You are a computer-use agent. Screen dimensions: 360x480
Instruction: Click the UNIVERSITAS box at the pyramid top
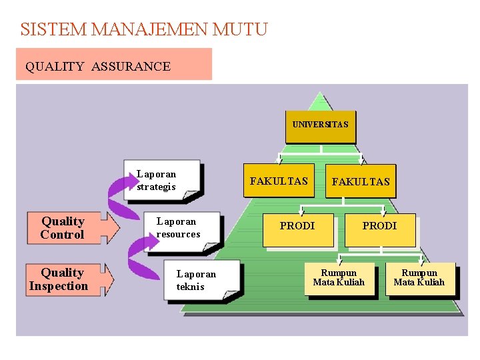[x=320, y=125]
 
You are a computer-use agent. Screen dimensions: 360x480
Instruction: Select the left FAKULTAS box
[x=279, y=181]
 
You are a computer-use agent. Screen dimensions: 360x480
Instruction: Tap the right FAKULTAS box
[x=361, y=181]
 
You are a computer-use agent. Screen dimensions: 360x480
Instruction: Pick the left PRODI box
[x=297, y=227]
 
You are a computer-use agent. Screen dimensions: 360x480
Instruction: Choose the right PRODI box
[x=379, y=227]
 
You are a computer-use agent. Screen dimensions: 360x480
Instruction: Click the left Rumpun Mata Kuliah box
[x=339, y=278]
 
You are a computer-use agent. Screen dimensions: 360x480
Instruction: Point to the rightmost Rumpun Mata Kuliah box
[x=419, y=278]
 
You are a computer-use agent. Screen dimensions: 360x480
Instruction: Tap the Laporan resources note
[x=179, y=228]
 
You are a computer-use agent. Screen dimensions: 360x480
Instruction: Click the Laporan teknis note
[x=200, y=281]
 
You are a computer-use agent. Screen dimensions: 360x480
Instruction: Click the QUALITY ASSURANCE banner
[x=113, y=65]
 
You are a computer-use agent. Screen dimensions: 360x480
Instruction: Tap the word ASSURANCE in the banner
[x=131, y=66]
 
